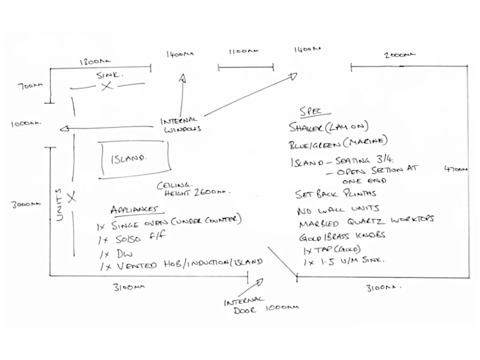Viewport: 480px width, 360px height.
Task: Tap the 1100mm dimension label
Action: point(243,52)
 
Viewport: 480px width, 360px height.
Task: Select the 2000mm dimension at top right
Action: point(400,55)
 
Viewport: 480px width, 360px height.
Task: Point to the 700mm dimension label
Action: point(31,86)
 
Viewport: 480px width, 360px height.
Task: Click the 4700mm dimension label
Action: point(456,169)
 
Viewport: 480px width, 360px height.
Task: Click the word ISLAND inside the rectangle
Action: point(129,159)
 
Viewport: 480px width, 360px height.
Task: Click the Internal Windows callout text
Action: point(179,125)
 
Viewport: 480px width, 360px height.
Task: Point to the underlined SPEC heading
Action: point(311,112)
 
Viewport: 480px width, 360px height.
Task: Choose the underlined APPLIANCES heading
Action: point(134,210)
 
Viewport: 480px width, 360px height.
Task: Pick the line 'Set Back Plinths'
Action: point(336,194)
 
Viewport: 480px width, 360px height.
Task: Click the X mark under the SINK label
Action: point(106,86)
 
